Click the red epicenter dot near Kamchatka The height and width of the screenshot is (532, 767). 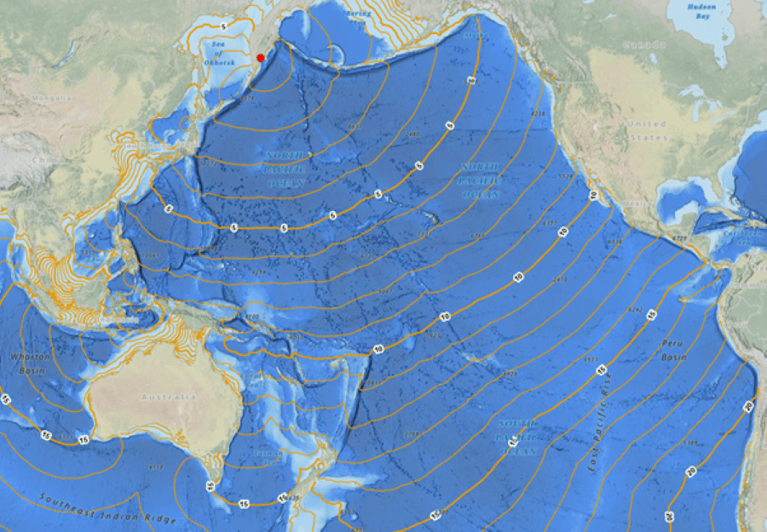[261, 58]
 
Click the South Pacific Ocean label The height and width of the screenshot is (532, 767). [518, 436]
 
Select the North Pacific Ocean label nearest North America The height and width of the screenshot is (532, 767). [479, 180]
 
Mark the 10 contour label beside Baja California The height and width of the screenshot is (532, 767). [593, 196]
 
